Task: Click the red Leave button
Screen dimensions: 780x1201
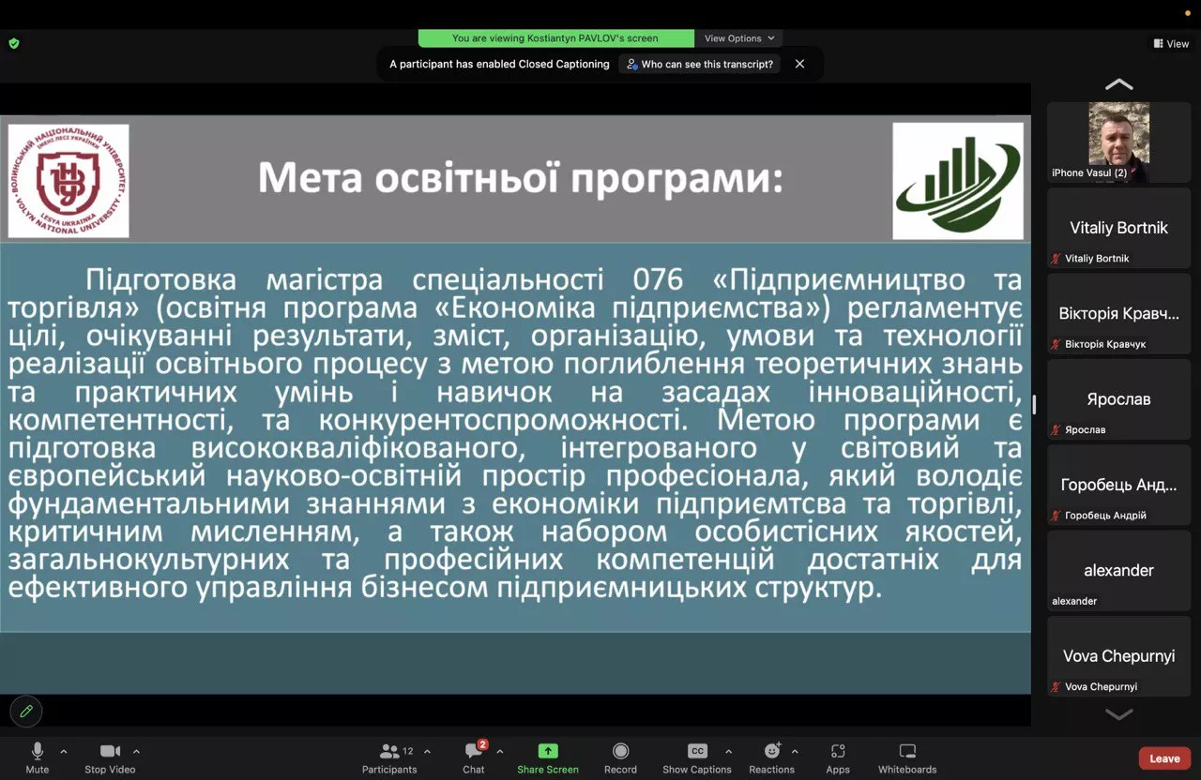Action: click(x=1164, y=758)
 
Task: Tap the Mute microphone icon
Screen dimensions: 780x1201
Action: click(x=38, y=751)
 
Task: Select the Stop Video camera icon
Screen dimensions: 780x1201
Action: click(x=110, y=751)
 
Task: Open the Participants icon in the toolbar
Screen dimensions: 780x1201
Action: click(x=389, y=751)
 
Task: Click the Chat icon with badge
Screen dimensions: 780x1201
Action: click(x=474, y=751)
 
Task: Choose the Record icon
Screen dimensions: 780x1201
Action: click(x=620, y=751)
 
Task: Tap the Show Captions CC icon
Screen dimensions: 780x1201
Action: click(x=697, y=751)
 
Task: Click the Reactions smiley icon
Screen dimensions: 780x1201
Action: click(x=772, y=751)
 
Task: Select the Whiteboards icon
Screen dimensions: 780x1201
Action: click(x=907, y=751)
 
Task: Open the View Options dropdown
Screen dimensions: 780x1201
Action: click(x=739, y=38)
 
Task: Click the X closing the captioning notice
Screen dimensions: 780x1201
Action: click(x=799, y=64)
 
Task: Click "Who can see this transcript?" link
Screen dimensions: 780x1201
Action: click(x=700, y=64)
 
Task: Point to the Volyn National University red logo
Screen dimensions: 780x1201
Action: click(x=68, y=181)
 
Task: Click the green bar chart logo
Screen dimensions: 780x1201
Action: click(x=957, y=181)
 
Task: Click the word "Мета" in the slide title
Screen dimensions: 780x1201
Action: click(x=311, y=178)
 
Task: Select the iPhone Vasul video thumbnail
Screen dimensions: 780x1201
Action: click(x=1118, y=141)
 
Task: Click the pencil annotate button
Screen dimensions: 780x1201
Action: click(x=26, y=712)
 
